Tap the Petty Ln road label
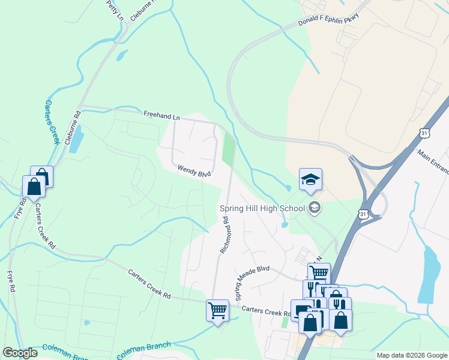114,10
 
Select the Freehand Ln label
161,115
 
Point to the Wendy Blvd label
194,172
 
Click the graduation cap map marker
310,179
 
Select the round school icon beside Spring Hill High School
313,208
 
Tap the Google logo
20,353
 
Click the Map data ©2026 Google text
412,355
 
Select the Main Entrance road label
433,160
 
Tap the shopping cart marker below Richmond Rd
217,310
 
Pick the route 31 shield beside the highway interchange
361,214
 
